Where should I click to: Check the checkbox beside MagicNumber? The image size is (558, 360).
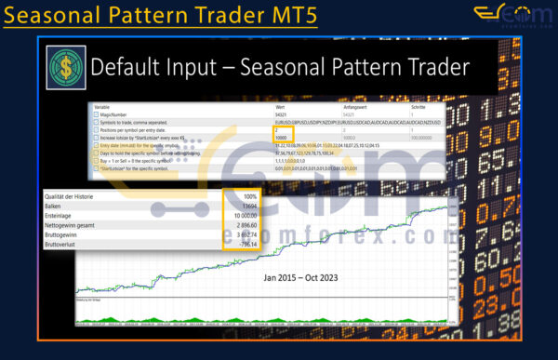coord(97,114)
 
